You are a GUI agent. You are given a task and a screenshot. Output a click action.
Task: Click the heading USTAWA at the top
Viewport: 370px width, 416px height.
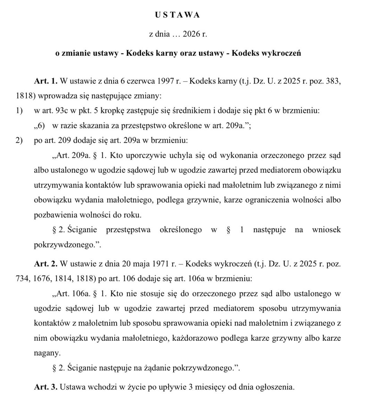click(x=177, y=15)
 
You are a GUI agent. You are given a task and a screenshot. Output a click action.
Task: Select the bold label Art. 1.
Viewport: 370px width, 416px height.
click(x=46, y=81)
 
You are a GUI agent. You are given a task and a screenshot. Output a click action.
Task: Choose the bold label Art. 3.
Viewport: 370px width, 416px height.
click(x=46, y=387)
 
